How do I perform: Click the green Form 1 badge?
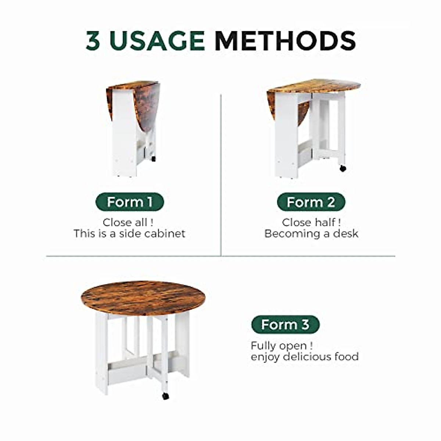129,202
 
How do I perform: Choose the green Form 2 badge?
311,202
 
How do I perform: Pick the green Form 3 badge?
285,325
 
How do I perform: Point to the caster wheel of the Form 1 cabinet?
153,159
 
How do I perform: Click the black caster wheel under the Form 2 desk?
343,168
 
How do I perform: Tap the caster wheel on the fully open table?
165,396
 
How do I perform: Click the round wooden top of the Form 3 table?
143,298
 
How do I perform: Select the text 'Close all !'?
128,222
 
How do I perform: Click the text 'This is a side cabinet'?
129,234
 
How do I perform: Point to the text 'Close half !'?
311,222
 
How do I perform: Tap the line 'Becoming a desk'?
311,234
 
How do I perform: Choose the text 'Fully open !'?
282,345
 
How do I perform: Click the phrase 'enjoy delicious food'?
305,357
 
